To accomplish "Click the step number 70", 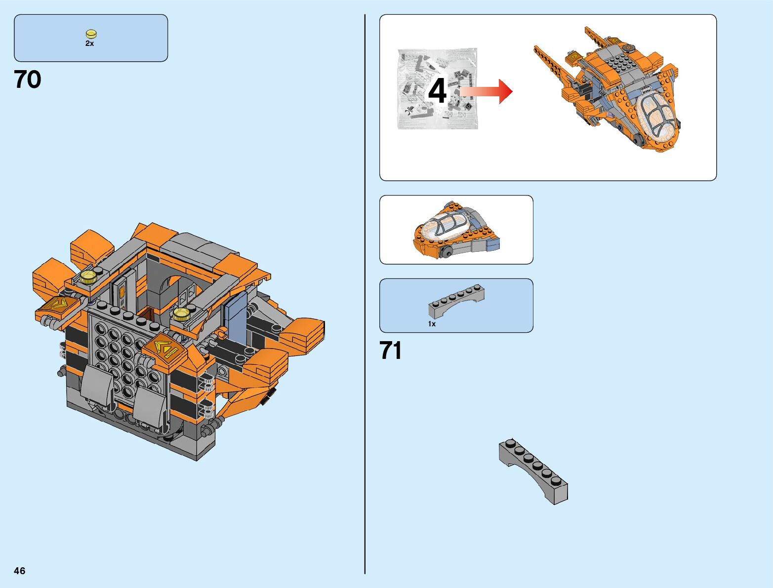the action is coord(28,80).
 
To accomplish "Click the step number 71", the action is coord(391,351).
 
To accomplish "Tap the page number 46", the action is coord(19,571).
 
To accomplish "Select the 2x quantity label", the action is coord(89,43).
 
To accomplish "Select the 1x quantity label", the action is coord(432,324).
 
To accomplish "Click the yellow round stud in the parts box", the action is coord(91,34).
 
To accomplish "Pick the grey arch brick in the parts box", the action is coord(456,301).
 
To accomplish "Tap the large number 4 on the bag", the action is coord(437,91).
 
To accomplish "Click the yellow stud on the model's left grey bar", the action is coord(88,276).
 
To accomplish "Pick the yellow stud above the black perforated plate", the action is coord(181,314).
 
